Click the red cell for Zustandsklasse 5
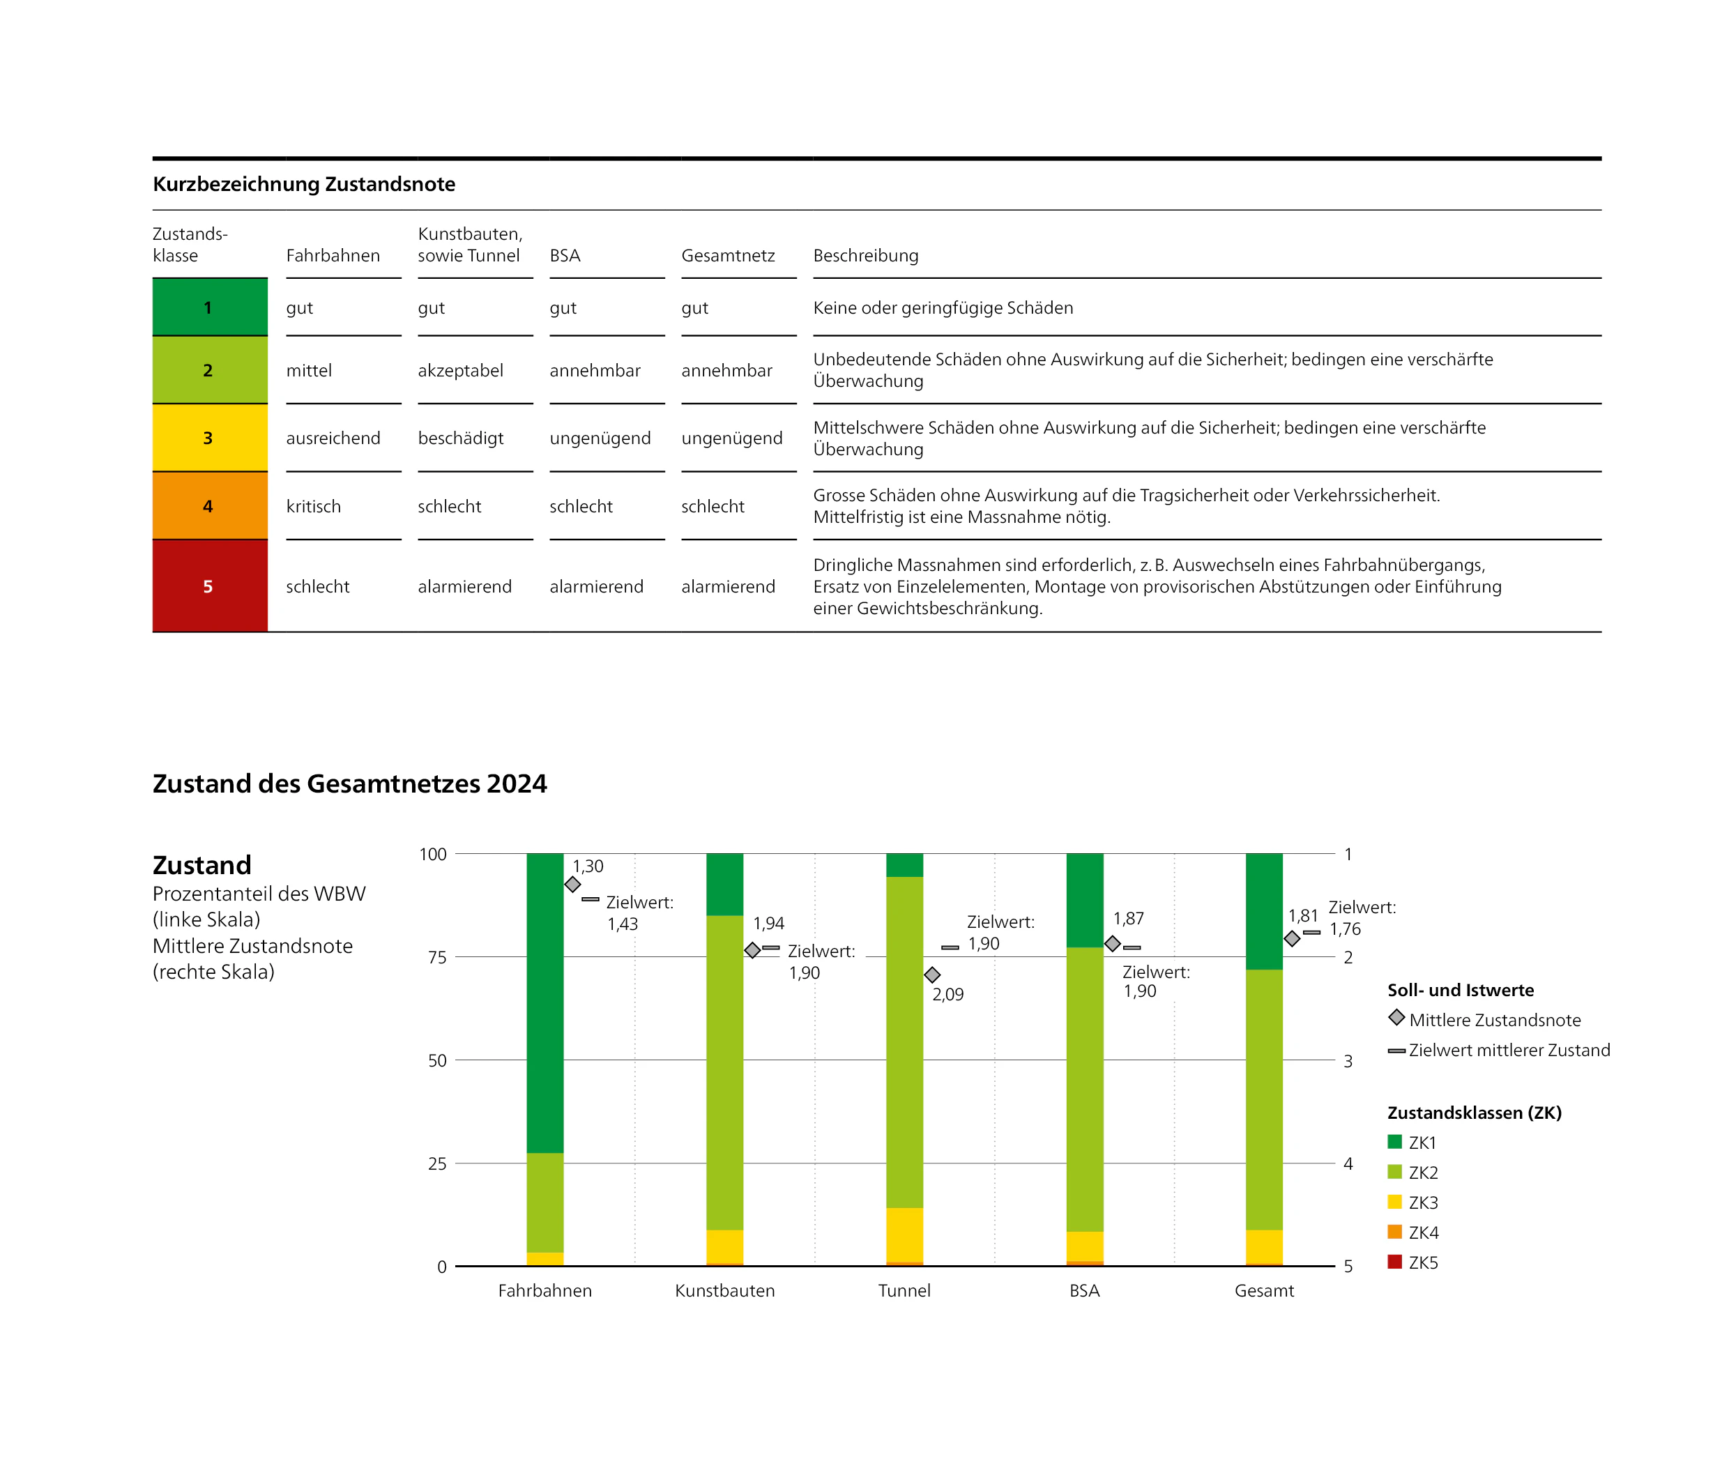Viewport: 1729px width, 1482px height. tap(209, 586)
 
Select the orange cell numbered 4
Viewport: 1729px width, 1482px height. tap(209, 505)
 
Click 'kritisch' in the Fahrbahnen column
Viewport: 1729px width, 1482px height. tap(313, 507)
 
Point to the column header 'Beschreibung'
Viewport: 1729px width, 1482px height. tap(865, 255)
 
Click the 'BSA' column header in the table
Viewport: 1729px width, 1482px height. tap(564, 255)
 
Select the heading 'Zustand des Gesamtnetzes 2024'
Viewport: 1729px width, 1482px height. tap(350, 784)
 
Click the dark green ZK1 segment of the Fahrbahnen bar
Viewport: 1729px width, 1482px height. tap(545, 1001)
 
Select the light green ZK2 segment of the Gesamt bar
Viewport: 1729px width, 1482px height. tap(1264, 1099)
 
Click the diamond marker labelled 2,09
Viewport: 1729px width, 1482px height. tap(932, 975)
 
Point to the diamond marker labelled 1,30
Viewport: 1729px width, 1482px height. tap(572, 885)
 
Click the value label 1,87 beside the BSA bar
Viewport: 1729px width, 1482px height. tap(1128, 919)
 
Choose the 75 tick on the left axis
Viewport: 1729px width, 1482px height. tap(437, 957)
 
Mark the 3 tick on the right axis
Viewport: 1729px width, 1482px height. tap(1348, 1060)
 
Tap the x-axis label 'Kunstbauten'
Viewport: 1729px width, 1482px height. tap(724, 1290)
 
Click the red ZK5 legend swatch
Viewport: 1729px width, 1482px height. tap(1394, 1262)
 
